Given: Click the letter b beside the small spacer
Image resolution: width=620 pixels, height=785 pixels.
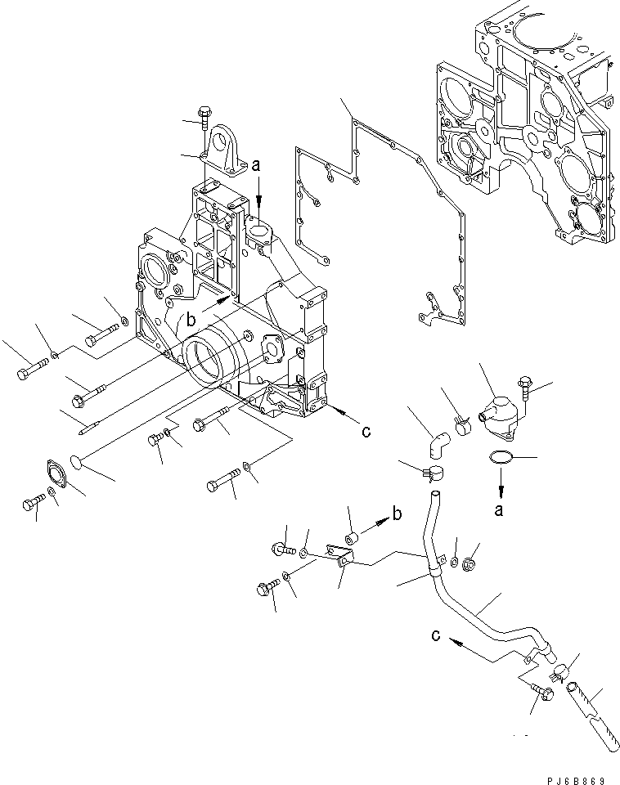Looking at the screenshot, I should click(397, 514).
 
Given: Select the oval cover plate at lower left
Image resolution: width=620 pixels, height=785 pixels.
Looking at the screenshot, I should click(56, 477).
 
